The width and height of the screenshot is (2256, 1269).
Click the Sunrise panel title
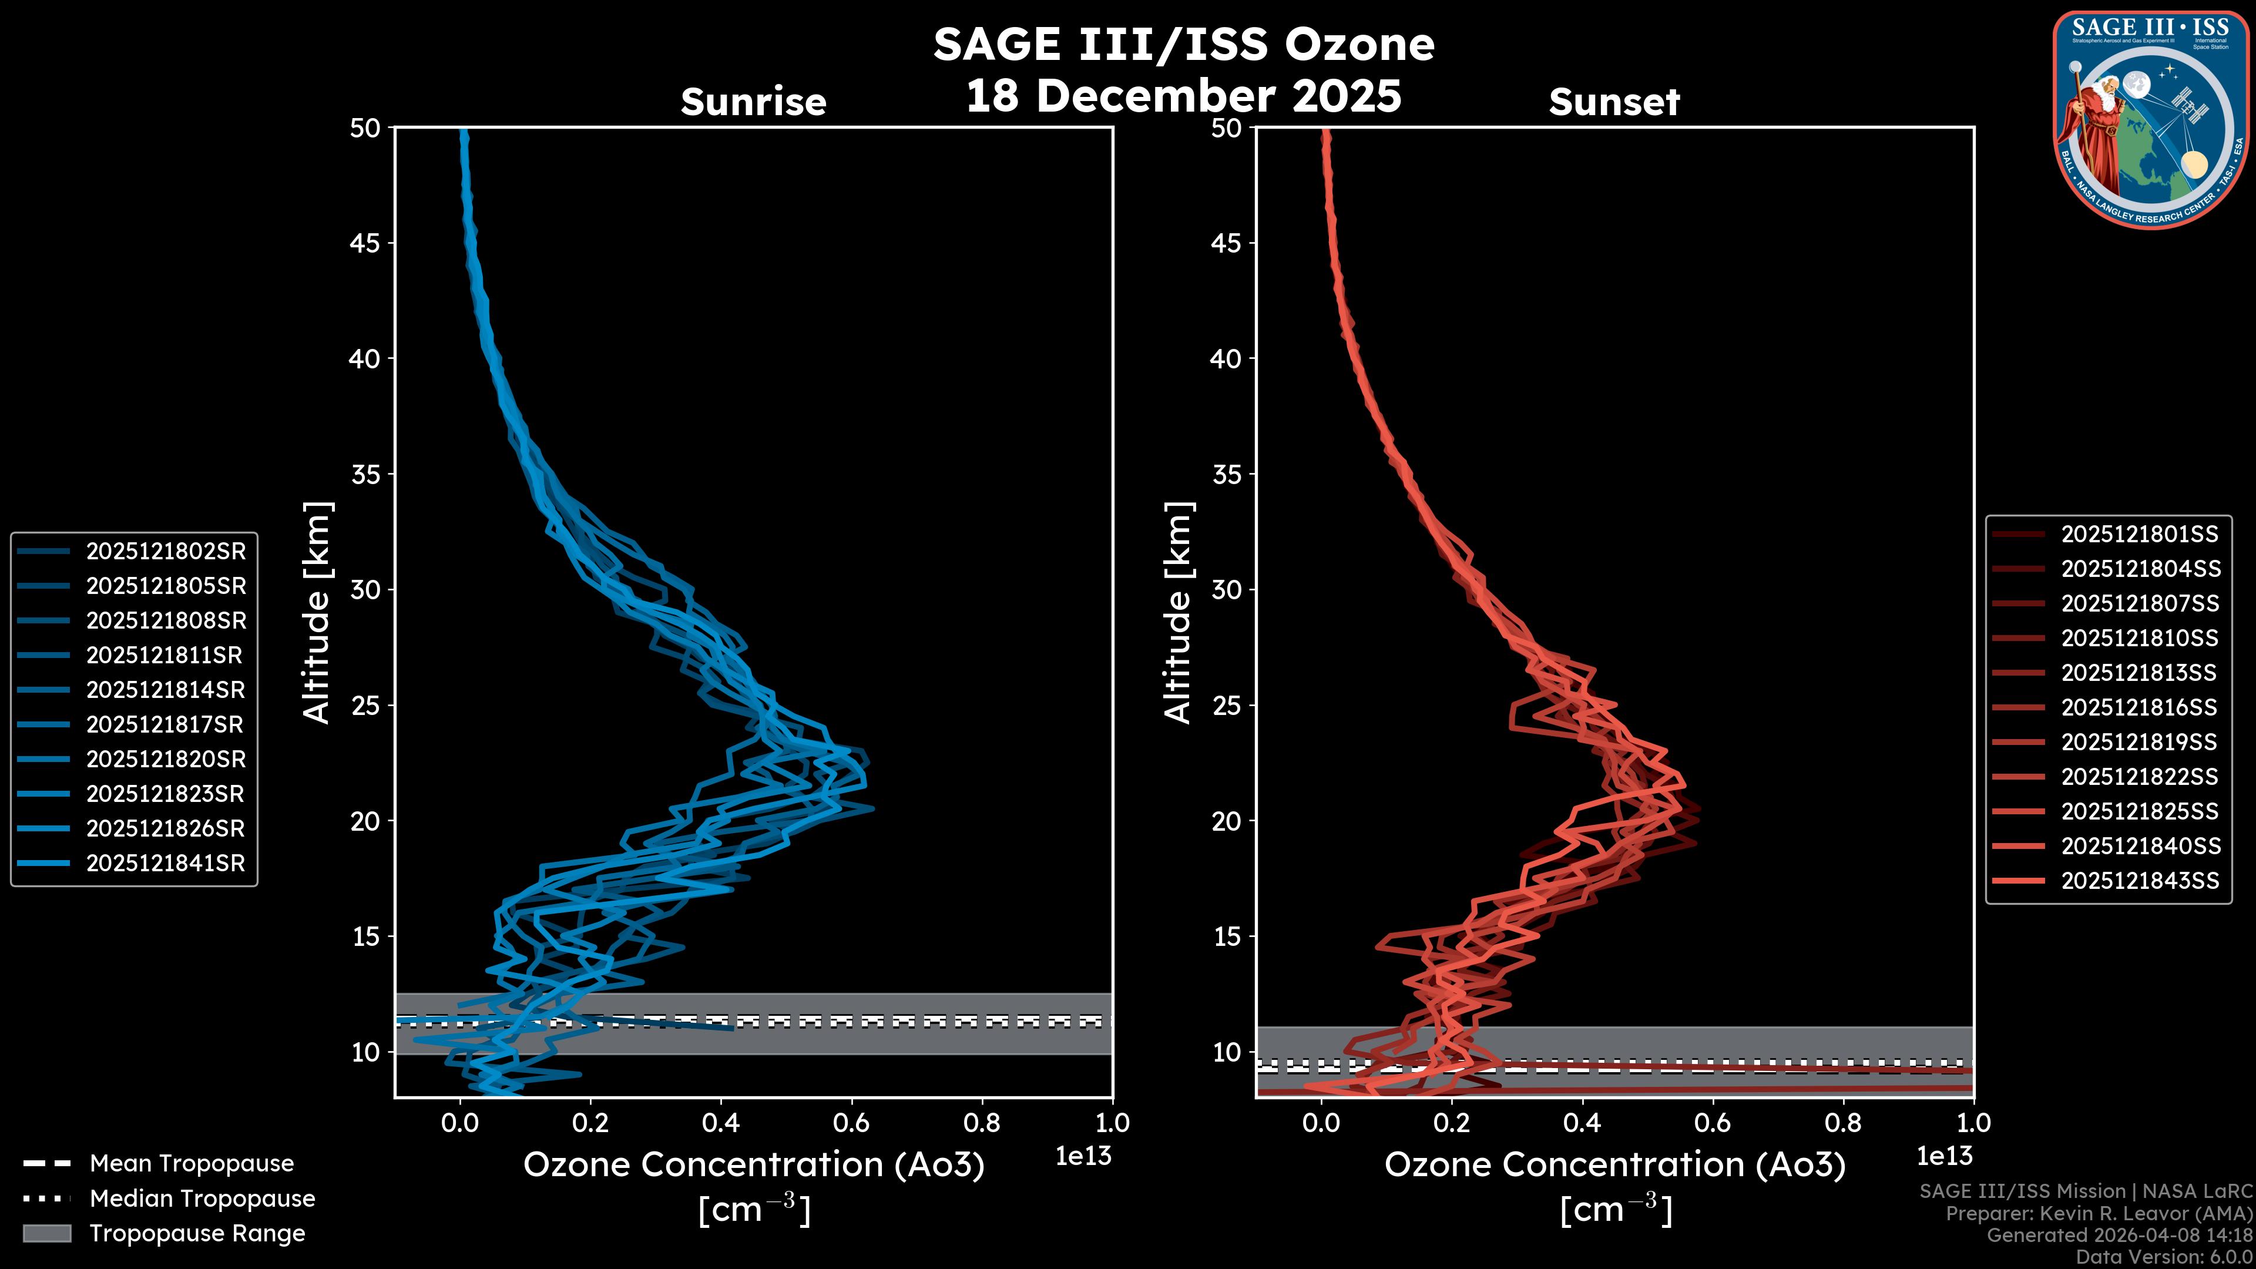point(753,102)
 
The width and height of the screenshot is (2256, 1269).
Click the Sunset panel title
point(1614,102)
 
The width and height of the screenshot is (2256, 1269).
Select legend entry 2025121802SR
point(166,551)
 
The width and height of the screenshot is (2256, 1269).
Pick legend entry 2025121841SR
point(166,862)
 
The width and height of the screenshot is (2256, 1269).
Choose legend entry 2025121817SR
point(166,724)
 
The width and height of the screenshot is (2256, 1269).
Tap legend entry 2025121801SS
point(2140,534)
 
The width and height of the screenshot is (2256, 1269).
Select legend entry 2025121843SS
point(2140,880)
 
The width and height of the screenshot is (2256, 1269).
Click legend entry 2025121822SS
point(2140,777)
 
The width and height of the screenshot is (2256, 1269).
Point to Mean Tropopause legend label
point(192,1163)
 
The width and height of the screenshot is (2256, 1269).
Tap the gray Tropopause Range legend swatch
point(46,1233)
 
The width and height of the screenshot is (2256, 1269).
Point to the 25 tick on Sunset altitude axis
point(1226,705)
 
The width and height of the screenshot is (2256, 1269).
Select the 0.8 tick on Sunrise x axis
point(982,1122)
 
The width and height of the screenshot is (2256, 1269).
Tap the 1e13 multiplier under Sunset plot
point(1944,1156)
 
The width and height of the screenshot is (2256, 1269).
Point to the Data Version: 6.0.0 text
point(2165,1257)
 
